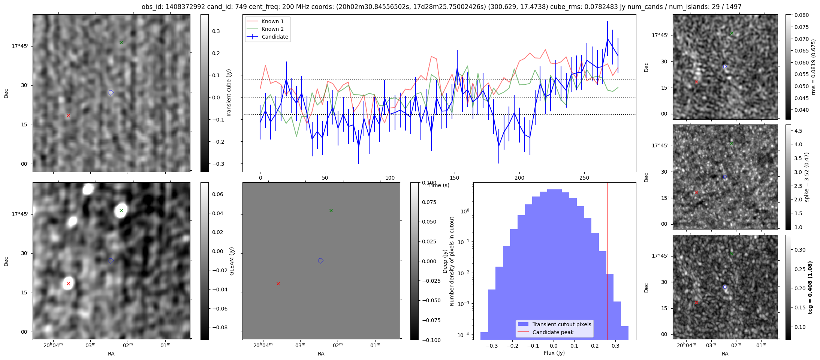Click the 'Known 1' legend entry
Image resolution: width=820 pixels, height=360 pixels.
(272, 21)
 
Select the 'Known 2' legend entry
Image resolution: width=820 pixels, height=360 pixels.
(272, 29)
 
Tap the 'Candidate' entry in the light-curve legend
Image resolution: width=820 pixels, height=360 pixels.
(275, 37)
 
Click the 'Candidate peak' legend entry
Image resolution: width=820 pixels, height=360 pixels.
(553, 332)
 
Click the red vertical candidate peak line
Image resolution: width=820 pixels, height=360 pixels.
(608, 262)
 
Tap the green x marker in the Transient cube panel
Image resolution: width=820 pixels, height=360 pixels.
(121, 43)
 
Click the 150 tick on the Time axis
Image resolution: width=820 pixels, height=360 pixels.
(455, 178)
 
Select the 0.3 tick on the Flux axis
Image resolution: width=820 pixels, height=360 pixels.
(615, 346)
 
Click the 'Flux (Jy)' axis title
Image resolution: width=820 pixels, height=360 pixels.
(554, 353)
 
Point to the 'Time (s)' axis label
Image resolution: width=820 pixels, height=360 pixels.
(439, 185)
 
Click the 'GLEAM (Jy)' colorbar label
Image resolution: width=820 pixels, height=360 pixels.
(232, 261)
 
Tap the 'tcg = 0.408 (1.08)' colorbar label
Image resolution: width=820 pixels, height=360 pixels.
(810, 288)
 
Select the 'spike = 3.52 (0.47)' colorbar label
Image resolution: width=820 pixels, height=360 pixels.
(807, 177)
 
